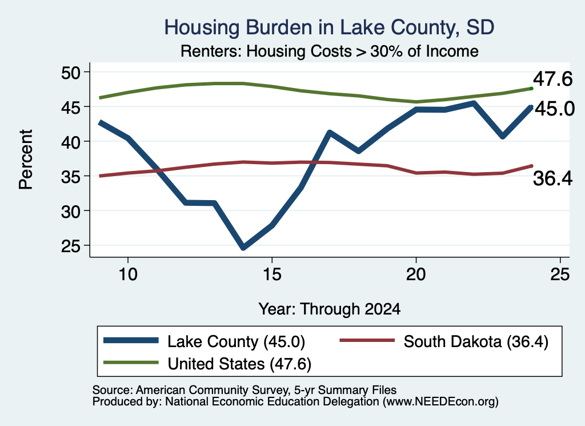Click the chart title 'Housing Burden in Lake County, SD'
click(330, 27)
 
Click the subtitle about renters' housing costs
click(330, 51)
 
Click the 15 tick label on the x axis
click(272, 274)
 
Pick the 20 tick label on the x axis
click(416, 274)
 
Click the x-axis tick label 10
click(128, 274)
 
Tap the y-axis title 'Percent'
click(26, 160)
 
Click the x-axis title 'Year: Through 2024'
click(330, 309)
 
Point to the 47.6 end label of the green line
click(552, 79)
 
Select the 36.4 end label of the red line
click(552, 178)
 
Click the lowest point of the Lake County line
click(243, 247)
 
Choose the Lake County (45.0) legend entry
click(205, 341)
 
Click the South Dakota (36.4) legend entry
click(444, 341)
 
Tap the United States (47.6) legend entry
click(207, 363)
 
